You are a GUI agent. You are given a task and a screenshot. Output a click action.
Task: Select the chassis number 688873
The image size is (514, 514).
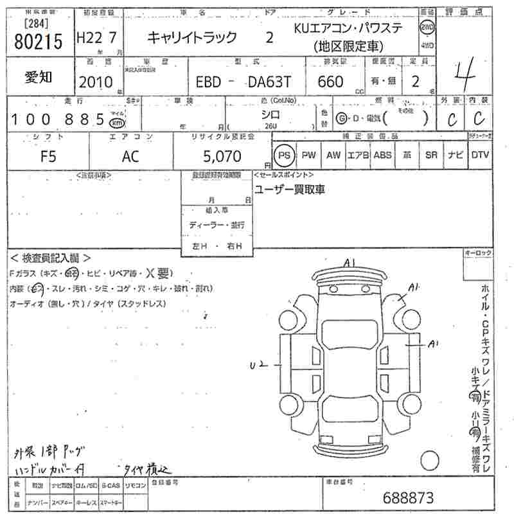pos(408,497)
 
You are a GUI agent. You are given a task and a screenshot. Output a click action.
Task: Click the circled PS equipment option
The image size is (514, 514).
pos(283,155)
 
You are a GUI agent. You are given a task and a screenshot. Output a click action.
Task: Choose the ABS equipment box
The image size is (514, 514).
pos(382,155)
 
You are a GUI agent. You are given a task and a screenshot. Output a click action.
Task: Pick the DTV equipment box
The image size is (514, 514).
pos(480,155)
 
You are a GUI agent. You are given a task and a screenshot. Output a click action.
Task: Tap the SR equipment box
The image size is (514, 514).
pos(431,155)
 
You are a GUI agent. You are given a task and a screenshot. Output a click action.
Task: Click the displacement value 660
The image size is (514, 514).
pos(330,82)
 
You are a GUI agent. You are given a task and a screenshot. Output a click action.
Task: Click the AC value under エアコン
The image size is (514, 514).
pos(130,155)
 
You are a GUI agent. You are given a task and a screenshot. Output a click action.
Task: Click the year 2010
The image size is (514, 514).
pos(95,82)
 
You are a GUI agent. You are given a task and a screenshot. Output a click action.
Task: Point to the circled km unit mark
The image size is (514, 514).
pos(116,122)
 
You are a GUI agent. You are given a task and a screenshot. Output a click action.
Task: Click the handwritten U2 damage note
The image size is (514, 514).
pos(258,366)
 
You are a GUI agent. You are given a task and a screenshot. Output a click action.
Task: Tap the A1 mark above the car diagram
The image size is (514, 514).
pos(350,262)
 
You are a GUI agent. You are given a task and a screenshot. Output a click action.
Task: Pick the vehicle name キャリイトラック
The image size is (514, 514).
pos(193,37)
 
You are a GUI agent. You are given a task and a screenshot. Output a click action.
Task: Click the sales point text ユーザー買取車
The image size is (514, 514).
pos(290,189)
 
